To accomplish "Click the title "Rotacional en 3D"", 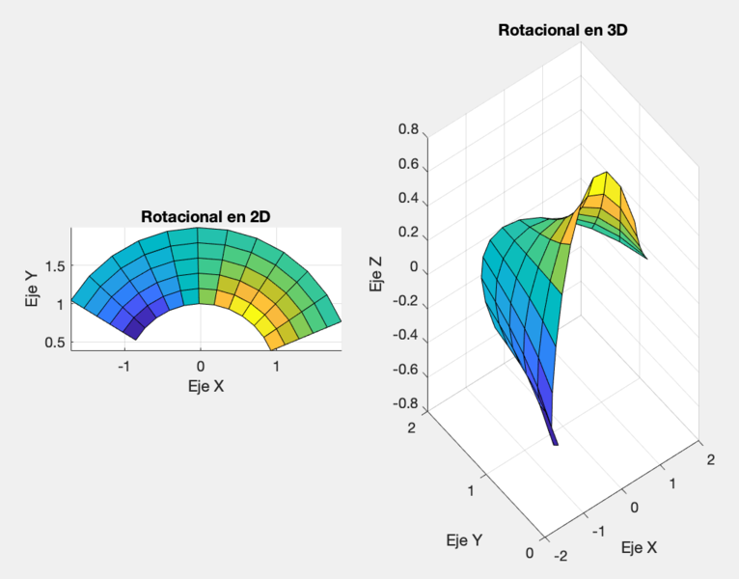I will click(x=562, y=30).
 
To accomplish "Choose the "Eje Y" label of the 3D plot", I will click(x=464, y=540).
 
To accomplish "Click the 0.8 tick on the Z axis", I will click(x=407, y=130).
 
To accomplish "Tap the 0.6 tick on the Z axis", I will click(x=407, y=165).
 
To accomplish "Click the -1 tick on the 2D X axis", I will click(x=123, y=367).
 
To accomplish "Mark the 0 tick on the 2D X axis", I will click(x=201, y=367).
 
